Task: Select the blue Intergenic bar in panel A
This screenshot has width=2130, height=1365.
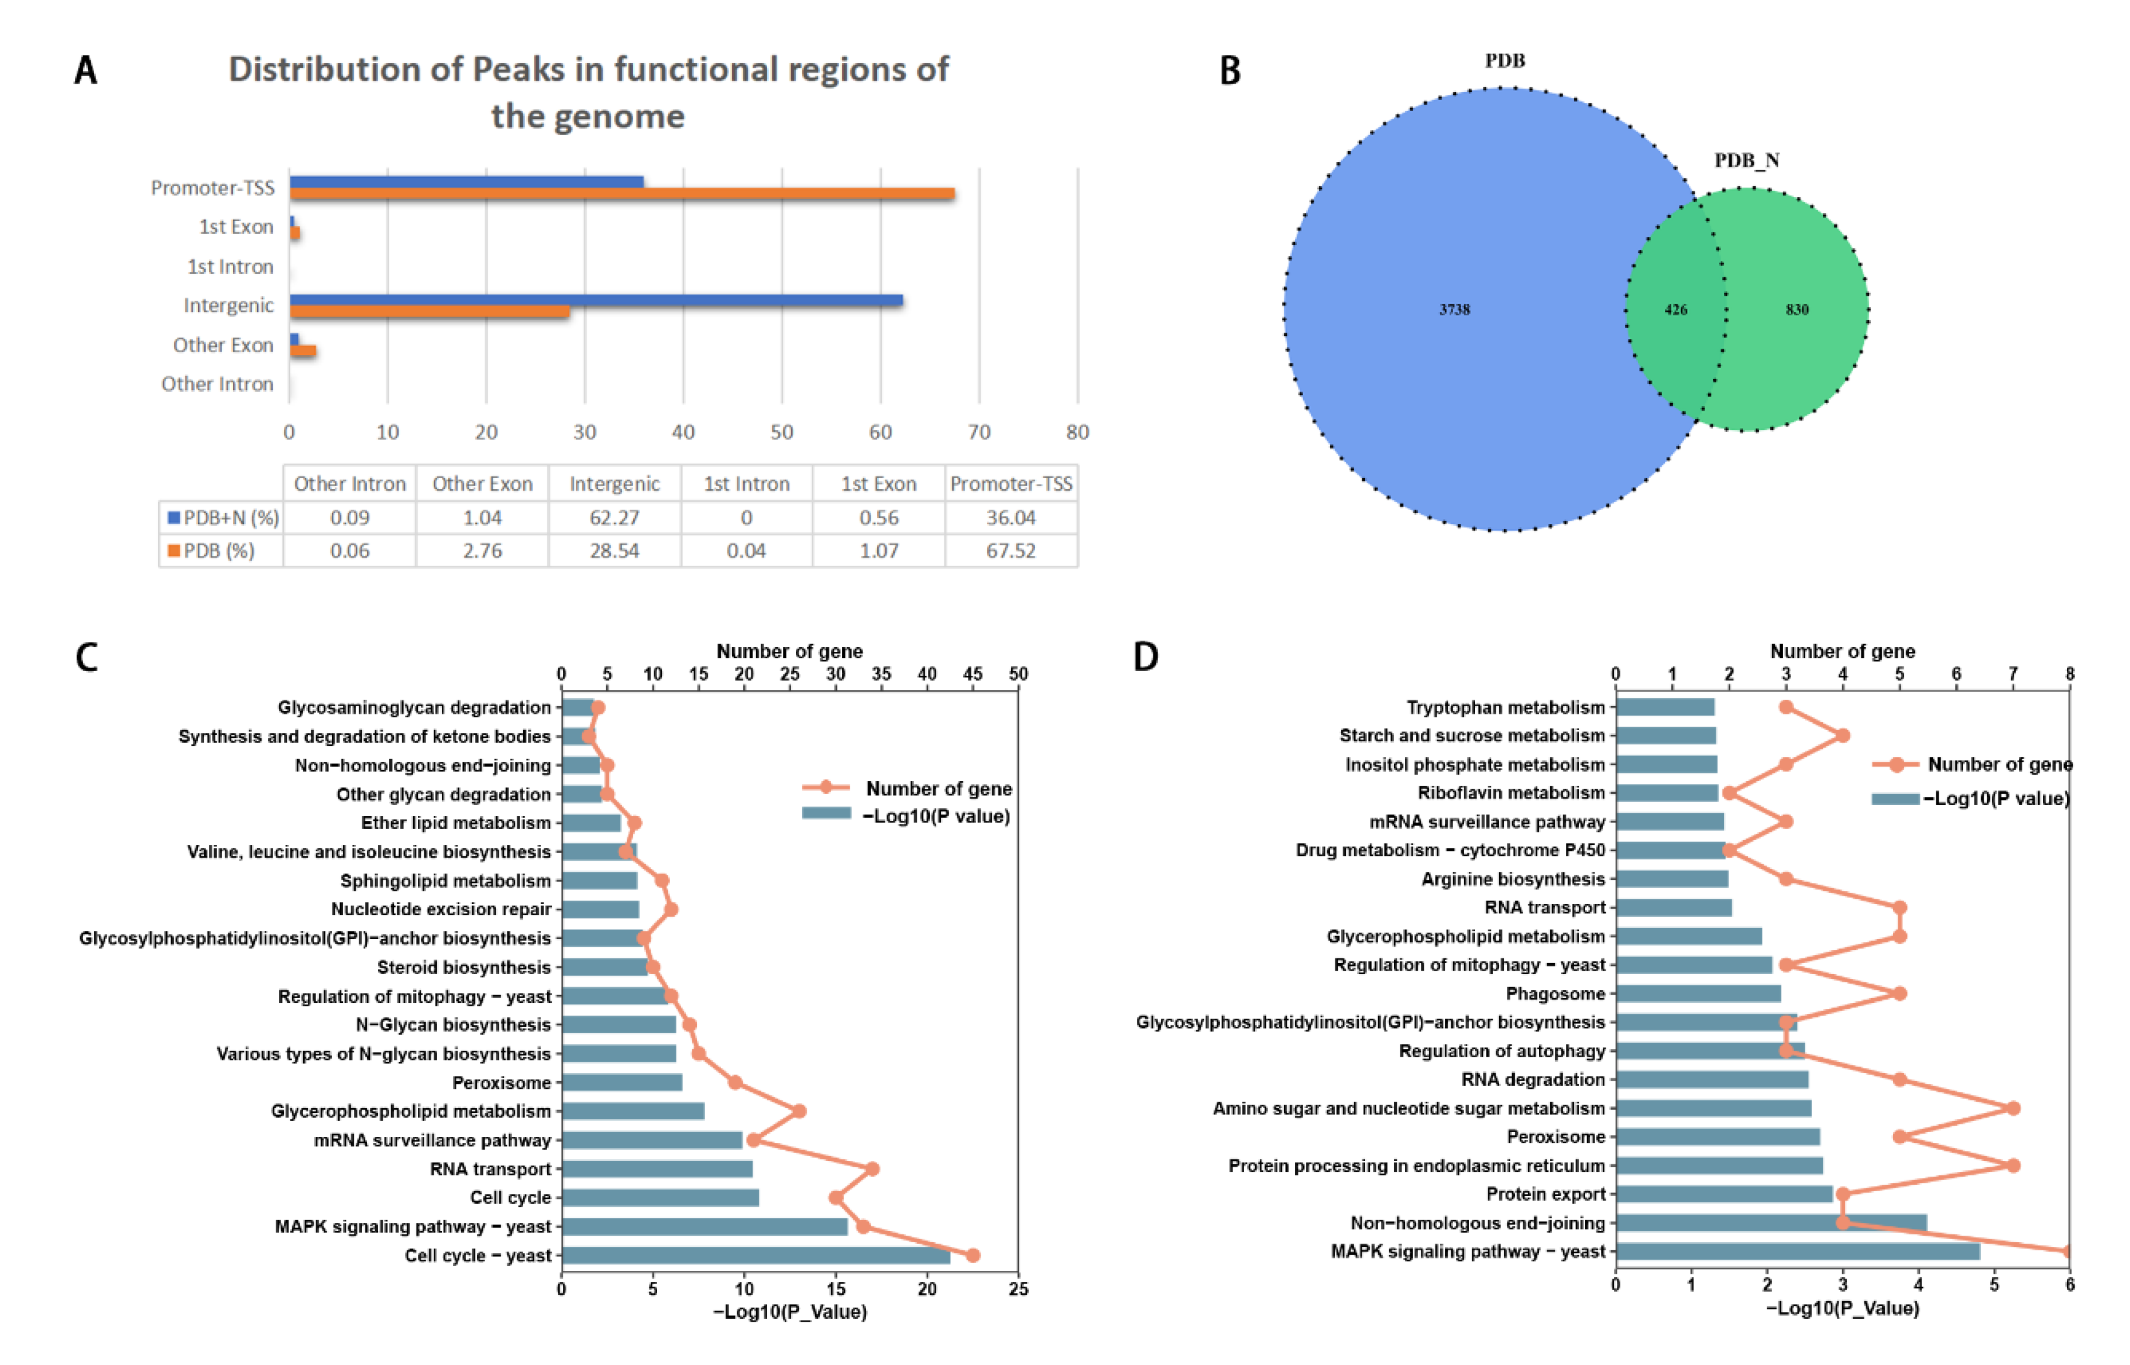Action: click(596, 300)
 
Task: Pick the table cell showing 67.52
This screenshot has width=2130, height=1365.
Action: click(1011, 551)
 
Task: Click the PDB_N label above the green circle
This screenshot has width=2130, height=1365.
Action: click(1746, 160)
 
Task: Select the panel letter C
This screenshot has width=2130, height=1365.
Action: click(86, 658)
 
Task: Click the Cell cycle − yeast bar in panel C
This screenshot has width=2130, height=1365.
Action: click(755, 1255)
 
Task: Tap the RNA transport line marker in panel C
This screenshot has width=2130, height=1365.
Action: click(872, 1169)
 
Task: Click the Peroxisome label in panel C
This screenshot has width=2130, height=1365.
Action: click(501, 1082)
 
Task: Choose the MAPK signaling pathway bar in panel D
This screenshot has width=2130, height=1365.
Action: click(1796, 1251)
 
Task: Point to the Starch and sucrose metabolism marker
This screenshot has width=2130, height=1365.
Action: click(1843, 735)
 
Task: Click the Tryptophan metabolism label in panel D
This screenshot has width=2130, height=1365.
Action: click(1505, 707)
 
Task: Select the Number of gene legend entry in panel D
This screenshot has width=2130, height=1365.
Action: click(1999, 764)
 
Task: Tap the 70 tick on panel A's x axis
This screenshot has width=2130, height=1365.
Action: click(978, 432)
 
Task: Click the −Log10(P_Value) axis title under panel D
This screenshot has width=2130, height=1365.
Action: click(1842, 1308)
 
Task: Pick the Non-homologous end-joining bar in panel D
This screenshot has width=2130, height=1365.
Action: click(1770, 1223)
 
